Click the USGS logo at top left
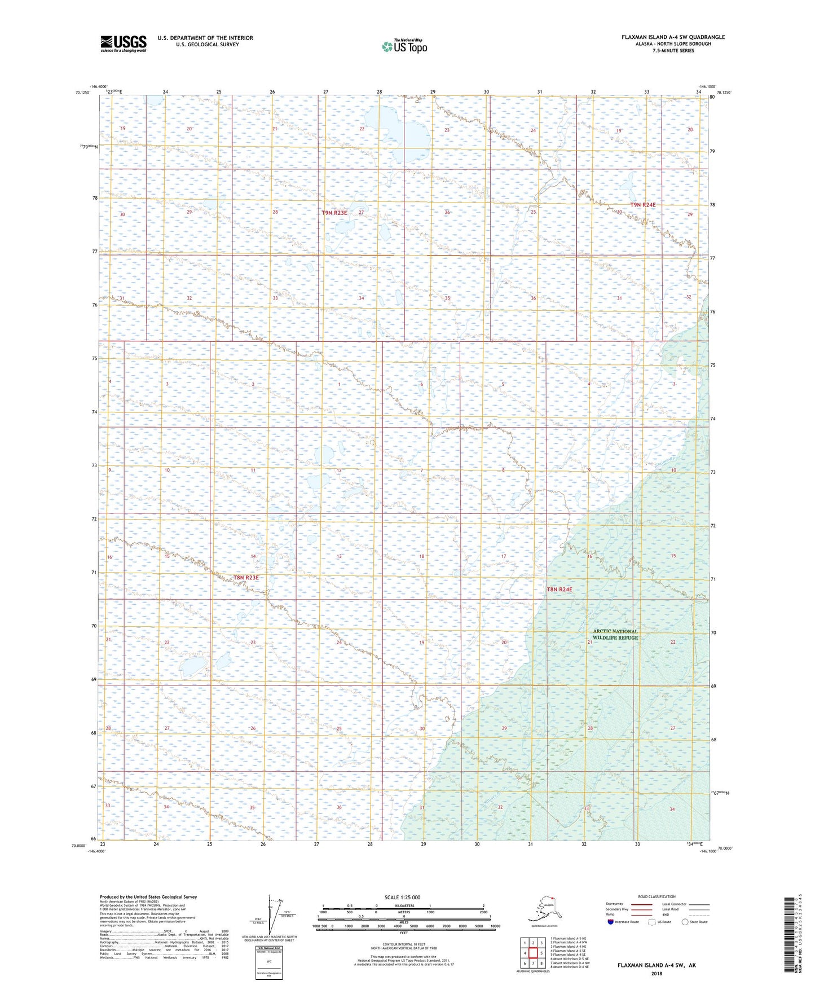point(123,43)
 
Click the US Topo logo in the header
point(404,46)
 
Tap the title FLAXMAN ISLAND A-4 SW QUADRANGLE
point(673,37)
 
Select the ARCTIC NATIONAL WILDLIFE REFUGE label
point(615,634)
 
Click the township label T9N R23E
point(334,213)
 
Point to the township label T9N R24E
point(643,205)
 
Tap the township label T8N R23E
point(246,578)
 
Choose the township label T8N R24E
point(559,589)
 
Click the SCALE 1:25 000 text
point(402,897)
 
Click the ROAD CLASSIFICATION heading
point(657,896)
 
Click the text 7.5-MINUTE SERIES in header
point(673,51)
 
